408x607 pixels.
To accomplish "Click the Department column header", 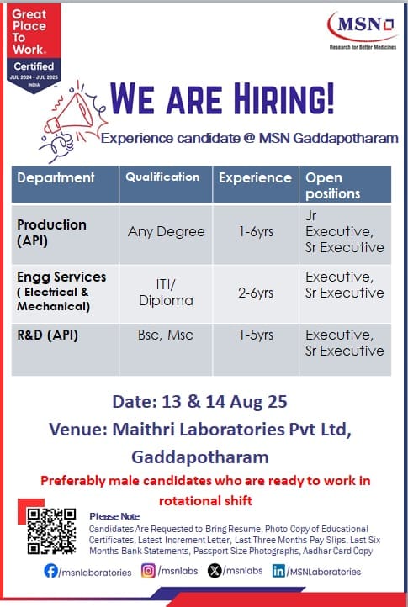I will pyautogui.click(x=56, y=178).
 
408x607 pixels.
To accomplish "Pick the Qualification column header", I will pyautogui.click(x=162, y=177).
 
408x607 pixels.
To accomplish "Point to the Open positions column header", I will pyautogui.click(x=332, y=185).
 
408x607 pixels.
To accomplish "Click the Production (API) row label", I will pyautogui.click(x=51, y=232).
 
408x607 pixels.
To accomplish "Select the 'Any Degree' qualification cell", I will pyautogui.click(x=167, y=232).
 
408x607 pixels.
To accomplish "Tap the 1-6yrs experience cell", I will pyautogui.click(x=256, y=232).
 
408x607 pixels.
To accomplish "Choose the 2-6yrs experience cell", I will pyautogui.click(x=256, y=293).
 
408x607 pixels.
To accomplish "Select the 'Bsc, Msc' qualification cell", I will pyautogui.click(x=166, y=335).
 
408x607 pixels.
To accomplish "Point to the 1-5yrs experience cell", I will pyautogui.click(x=256, y=335).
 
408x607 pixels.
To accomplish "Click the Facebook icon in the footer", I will pyautogui.click(x=51, y=572).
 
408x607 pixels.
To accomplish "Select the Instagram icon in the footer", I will pyautogui.click(x=148, y=572).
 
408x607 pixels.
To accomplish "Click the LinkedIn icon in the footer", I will pyautogui.click(x=278, y=572).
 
